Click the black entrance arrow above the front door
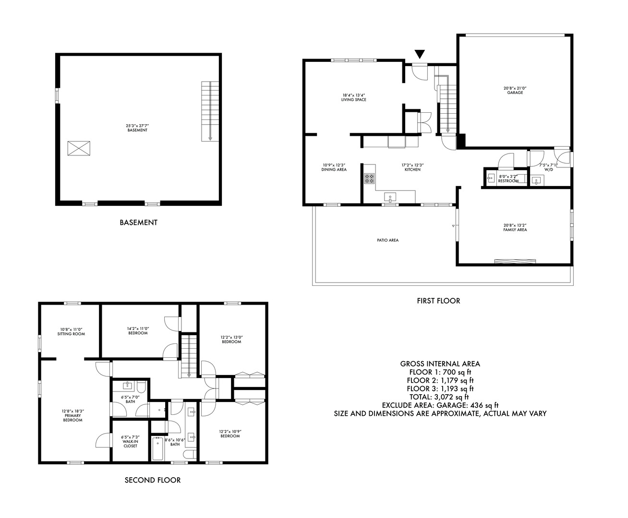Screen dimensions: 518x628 (x=420, y=54)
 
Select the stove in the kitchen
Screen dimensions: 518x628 (x=369, y=178)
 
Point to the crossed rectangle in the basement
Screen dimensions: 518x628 (x=79, y=148)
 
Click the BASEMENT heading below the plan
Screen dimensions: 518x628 (x=138, y=223)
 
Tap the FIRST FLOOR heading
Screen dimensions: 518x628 (x=438, y=301)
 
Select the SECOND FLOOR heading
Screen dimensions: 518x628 (x=153, y=480)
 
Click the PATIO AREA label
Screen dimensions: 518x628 (x=387, y=240)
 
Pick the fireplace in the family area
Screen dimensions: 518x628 (x=515, y=261)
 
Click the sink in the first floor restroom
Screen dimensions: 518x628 (x=490, y=178)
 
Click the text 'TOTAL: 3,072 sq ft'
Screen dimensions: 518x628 (x=440, y=397)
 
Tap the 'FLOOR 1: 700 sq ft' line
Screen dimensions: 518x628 (x=440, y=372)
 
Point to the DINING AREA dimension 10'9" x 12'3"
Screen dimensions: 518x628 (x=334, y=165)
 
